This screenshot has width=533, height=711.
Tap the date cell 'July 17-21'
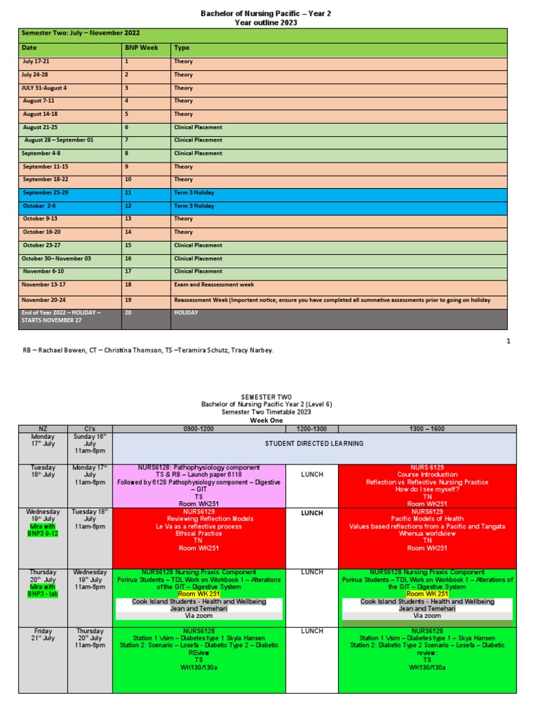point(36,62)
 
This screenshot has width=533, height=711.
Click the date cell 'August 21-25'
point(40,127)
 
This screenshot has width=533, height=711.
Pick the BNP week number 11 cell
point(128,192)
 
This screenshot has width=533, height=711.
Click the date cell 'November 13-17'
point(44,285)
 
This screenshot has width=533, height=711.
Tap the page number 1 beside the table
point(508,341)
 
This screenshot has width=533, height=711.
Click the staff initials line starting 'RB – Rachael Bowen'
point(148,350)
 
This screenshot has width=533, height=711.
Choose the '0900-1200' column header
point(198,428)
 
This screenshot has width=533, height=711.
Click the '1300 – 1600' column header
point(427,428)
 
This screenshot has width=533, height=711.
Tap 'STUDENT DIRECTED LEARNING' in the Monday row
point(314,444)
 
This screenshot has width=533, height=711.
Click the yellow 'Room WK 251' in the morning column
point(198,594)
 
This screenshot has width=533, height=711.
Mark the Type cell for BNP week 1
point(184,62)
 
